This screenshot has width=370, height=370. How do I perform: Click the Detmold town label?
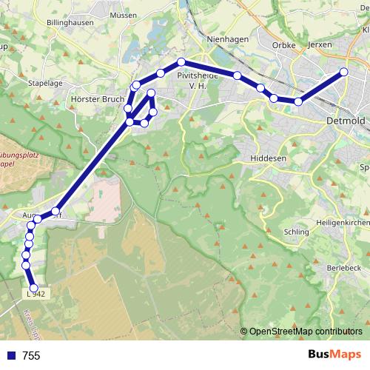(x=344, y=120)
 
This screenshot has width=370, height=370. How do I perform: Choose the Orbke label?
(x=284, y=45)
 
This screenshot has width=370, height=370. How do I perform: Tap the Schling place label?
(x=296, y=232)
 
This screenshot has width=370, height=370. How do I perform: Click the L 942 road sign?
(x=36, y=294)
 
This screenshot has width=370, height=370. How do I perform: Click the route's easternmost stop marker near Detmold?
(x=344, y=72)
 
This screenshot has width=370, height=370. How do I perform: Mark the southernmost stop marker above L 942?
(x=33, y=288)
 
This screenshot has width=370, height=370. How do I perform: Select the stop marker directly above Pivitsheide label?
(x=181, y=61)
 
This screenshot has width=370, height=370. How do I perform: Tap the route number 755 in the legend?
(x=31, y=356)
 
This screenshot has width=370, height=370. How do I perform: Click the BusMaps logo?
(x=334, y=355)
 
